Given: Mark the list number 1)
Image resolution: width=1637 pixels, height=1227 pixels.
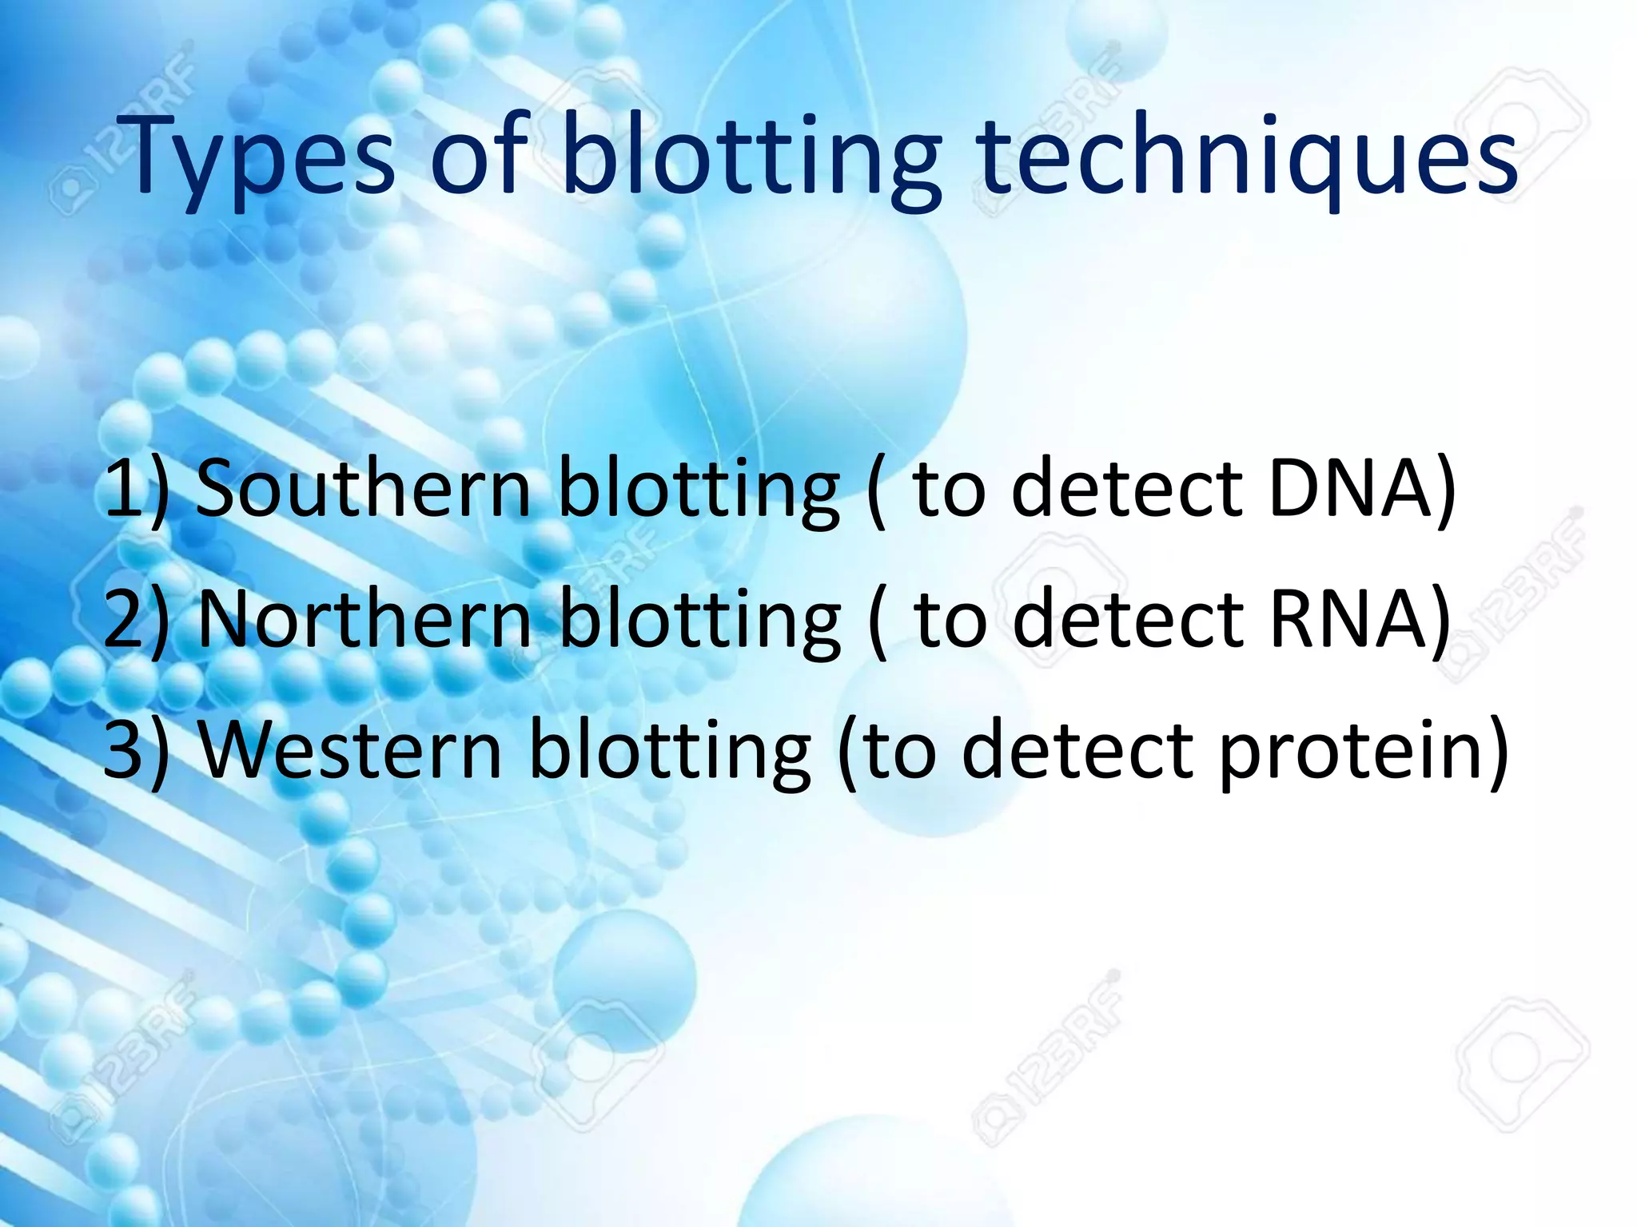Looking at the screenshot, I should pos(136,489).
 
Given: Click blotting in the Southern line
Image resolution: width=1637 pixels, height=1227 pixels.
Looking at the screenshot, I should pos(698,489).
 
